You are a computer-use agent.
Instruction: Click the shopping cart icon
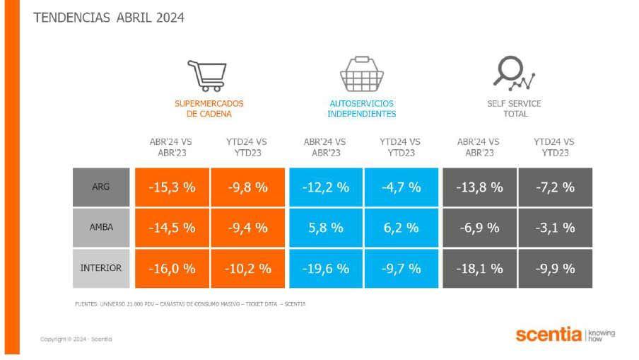coord(206,75)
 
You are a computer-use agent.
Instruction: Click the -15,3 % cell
coord(172,187)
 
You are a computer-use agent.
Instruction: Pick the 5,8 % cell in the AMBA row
coord(326,228)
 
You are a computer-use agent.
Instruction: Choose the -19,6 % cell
coord(326,269)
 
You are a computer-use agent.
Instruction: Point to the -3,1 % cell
coord(555,228)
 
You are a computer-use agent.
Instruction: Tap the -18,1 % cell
coord(479,269)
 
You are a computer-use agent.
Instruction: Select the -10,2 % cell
coord(249,269)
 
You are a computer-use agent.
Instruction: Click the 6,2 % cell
coord(401,228)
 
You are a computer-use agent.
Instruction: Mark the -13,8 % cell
coord(479,187)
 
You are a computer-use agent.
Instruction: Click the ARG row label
coord(101,187)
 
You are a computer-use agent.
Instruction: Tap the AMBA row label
coord(101,228)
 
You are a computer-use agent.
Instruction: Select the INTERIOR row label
coord(101,269)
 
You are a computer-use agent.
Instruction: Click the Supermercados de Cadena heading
coord(209,108)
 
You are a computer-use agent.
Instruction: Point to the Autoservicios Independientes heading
coord(361,108)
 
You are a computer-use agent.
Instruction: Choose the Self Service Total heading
coord(514,108)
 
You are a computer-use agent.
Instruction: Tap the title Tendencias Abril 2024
coord(109,18)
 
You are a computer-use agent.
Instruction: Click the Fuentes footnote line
coord(190,304)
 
